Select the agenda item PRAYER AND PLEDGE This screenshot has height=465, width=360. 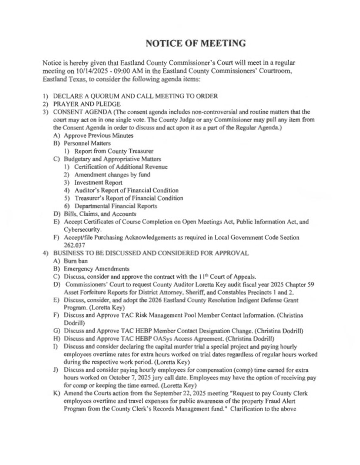[x=87, y=104]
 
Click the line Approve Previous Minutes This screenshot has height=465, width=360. [x=99, y=135]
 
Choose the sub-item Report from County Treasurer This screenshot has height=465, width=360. [x=114, y=151]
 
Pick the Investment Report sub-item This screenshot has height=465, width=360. [x=98, y=182]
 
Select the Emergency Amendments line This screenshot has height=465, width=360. [x=96, y=269]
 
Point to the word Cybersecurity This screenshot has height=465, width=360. [x=83, y=230]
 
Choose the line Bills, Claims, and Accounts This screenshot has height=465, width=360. [x=100, y=214]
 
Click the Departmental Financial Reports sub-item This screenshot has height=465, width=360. [x=116, y=206]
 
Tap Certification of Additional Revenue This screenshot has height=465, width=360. [x=121, y=167]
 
